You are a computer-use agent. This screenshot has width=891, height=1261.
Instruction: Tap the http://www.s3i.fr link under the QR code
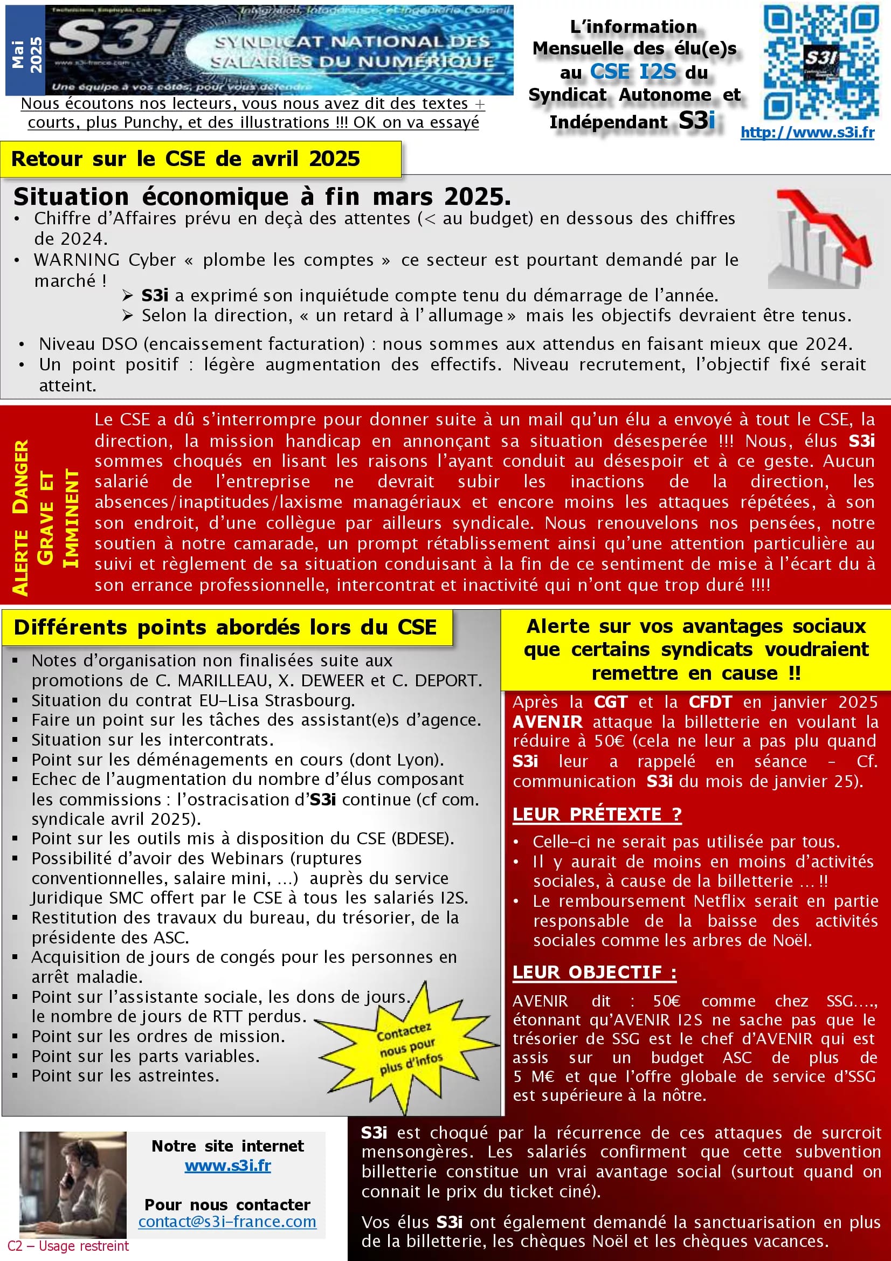click(x=807, y=133)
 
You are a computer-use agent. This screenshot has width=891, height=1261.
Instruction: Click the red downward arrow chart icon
click(x=820, y=238)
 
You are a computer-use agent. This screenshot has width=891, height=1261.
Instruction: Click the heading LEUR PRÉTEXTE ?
click(x=597, y=814)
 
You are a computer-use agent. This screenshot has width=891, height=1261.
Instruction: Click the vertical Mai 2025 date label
click(x=26, y=54)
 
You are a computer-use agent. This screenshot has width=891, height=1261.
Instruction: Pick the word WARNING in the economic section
click(x=77, y=260)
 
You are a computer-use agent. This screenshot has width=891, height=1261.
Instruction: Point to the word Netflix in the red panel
click(x=721, y=901)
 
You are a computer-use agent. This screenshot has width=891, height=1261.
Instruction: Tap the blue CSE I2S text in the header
click(x=633, y=72)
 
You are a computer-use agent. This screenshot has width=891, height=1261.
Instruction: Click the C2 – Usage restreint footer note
click(x=68, y=1245)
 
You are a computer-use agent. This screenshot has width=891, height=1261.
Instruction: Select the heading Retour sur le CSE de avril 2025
click(x=185, y=159)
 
